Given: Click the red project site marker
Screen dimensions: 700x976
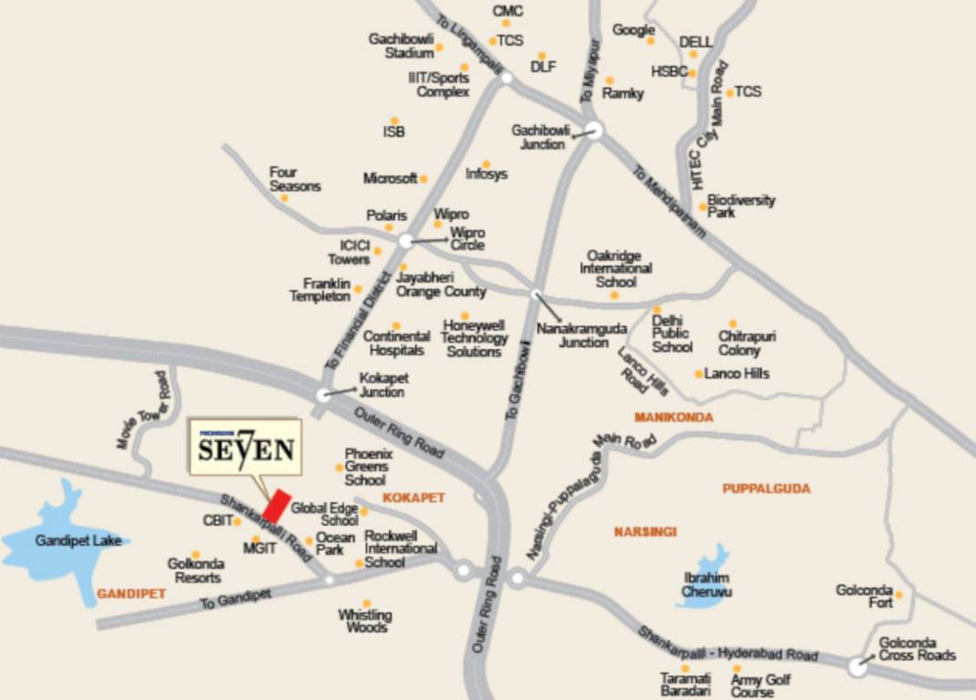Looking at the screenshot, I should (x=277, y=506).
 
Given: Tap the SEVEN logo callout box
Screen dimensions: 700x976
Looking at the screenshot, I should (x=244, y=448).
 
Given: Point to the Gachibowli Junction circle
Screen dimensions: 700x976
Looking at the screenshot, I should (x=594, y=130).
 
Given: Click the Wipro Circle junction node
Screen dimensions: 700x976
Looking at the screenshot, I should (x=406, y=241).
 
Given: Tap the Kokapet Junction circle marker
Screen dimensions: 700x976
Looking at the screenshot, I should (x=324, y=395).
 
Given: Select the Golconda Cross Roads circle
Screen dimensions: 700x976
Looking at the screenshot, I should (x=857, y=667).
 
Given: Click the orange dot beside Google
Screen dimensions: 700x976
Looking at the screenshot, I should (x=651, y=41).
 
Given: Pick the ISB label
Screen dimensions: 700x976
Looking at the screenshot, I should (x=394, y=132).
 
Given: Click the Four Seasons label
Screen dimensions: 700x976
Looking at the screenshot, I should (x=294, y=179).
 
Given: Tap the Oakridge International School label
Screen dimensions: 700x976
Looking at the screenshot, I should (x=616, y=269).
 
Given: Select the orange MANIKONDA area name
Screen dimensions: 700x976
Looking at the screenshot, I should (x=673, y=417).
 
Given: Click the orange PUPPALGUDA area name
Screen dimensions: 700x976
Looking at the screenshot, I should (x=766, y=489).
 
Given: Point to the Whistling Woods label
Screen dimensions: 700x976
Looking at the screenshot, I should (x=365, y=621).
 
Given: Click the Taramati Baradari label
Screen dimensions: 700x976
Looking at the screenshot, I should (x=685, y=685).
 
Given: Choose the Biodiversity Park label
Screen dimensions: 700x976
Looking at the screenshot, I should (x=741, y=205).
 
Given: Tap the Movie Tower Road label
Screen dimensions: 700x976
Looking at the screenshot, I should (x=143, y=410).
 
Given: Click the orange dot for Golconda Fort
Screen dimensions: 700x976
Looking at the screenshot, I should (x=899, y=594).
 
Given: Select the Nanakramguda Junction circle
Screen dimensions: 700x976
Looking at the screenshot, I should (x=536, y=293).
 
